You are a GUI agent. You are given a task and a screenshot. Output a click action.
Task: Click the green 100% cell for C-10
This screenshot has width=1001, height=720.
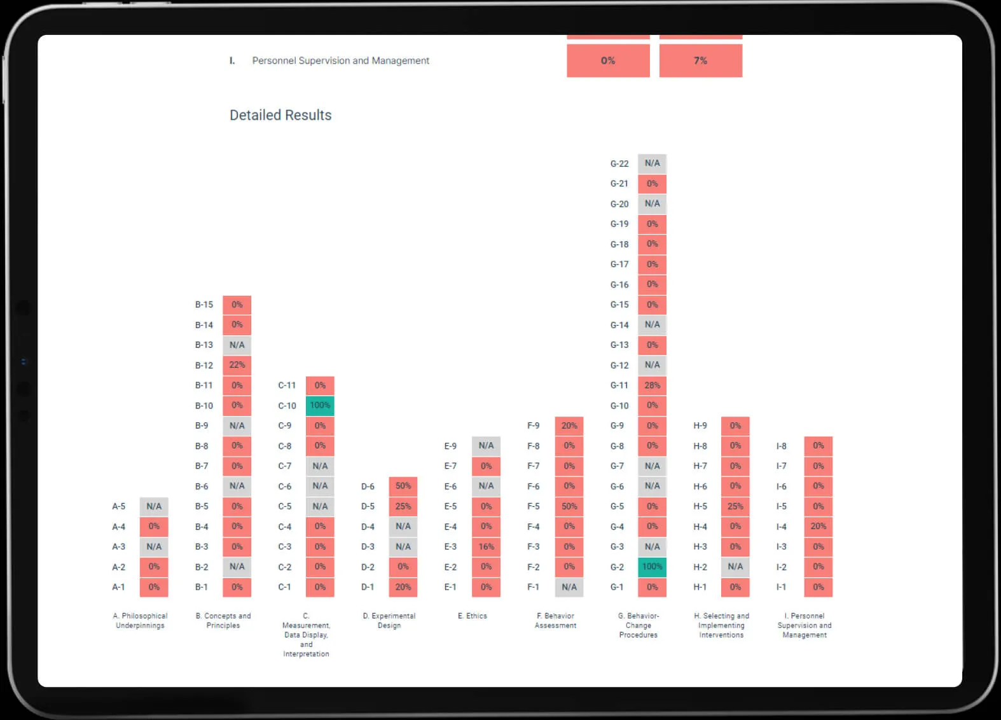[x=320, y=405]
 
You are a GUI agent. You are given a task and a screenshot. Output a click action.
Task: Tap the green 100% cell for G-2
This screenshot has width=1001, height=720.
[x=652, y=567]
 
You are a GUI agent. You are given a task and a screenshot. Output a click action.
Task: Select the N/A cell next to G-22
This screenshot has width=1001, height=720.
[x=652, y=163]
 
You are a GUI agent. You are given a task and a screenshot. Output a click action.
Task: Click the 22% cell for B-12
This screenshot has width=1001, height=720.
[x=237, y=365]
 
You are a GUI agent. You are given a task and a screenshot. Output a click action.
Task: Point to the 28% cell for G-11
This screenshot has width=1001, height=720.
[x=652, y=385]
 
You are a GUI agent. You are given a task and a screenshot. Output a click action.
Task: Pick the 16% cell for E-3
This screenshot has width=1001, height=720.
[x=487, y=546]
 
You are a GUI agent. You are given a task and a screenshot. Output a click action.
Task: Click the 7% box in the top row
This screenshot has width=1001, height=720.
[x=701, y=60]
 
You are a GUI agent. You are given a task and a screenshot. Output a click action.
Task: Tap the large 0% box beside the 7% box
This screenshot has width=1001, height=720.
[x=608, y=60]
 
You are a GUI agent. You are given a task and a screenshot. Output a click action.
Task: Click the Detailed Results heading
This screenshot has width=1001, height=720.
[x=280, y=115]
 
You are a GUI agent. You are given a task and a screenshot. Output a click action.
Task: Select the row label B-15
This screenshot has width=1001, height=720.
[x=204, y=305]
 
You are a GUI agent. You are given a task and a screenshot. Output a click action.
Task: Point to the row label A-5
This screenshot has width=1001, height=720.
[x=118, y=506]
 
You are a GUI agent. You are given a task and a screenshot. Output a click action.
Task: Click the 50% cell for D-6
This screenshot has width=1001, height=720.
[x=403, y=487]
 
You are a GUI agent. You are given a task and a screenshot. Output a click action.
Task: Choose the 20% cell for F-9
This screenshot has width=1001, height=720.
[x=569, y=426]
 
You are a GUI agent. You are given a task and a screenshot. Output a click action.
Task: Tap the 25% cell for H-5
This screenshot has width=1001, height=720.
[x=735, y=506]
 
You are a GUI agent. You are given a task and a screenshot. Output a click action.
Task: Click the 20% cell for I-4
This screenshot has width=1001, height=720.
[x=818, y=527]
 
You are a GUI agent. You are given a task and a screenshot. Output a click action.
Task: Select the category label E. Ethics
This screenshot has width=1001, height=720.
[x=473, y=616]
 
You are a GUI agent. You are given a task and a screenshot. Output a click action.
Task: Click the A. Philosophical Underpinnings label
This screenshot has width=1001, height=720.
[x=140, y=620]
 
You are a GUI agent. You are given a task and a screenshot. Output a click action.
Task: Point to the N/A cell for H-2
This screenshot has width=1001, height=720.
[x=735, y=567]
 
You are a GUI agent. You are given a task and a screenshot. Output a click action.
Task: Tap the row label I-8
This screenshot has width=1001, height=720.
[x=782, y=446]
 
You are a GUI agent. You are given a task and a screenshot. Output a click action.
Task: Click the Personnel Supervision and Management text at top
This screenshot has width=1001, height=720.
[x=340, y=60]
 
